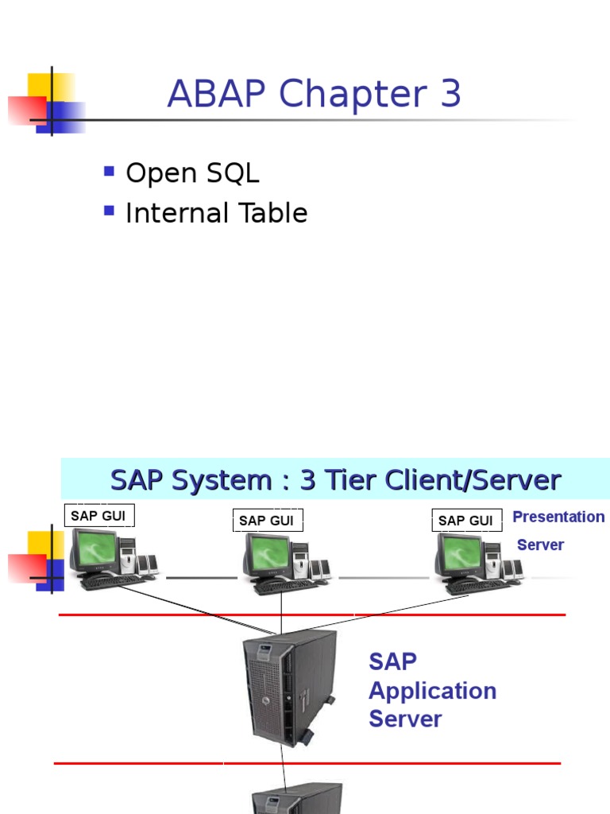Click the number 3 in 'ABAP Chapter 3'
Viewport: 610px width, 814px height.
coord(448,95)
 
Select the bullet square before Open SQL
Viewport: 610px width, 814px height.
coord(110,172)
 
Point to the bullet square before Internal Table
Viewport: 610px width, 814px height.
coord(110,211)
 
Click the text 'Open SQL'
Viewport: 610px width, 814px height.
coord(192,173)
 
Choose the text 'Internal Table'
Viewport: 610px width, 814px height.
coord(216,213)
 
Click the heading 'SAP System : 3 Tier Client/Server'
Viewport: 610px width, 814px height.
coord(335,480)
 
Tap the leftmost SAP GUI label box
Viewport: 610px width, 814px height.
coord(98,516)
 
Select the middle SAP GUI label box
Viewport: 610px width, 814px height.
coord(267,521)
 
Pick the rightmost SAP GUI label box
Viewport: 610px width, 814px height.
coord(466,521)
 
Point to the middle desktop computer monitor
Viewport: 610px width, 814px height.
coord(267,554)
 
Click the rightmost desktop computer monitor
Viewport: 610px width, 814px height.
coord(459,554)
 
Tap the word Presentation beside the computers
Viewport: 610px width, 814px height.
coord(558,517)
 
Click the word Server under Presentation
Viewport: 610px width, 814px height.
coord(540,545)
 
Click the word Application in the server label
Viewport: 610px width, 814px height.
coord(432,691)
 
